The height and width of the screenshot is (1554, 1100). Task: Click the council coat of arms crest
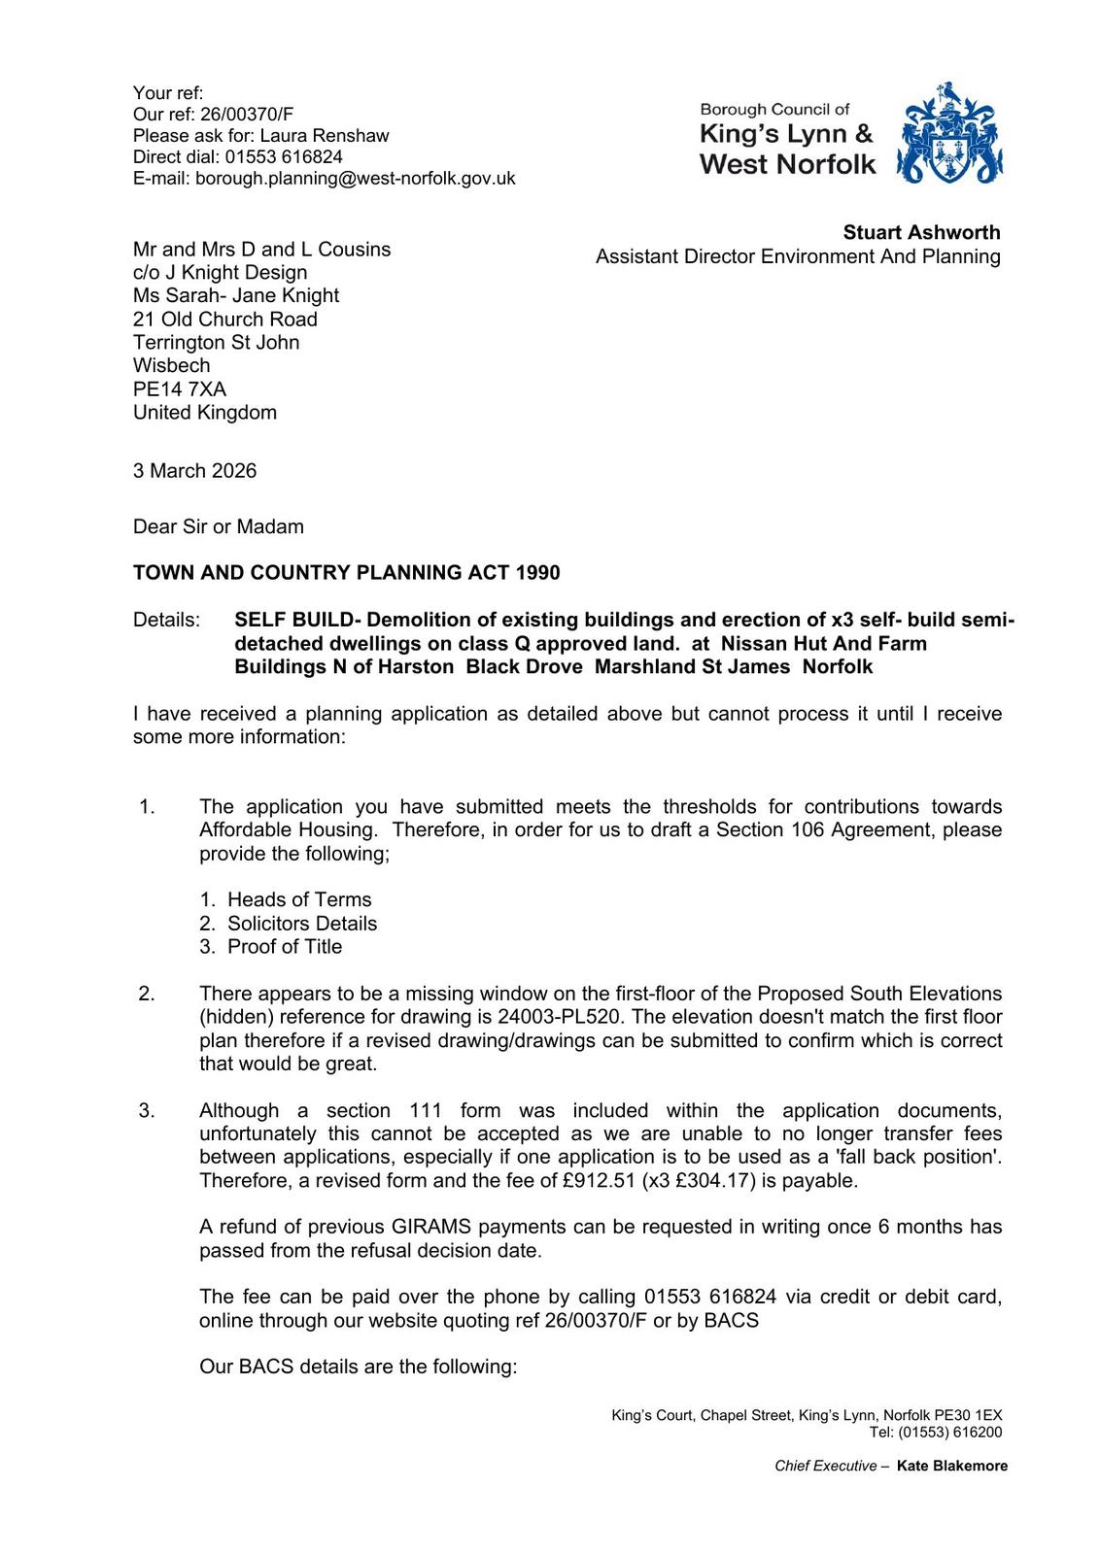pyautogui.click(x=948, y=135)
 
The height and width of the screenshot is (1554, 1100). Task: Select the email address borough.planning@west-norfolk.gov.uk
pyautogui.click(x=356, y=179)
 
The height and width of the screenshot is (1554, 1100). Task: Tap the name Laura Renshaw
pyautogui.click(x=325, y=136)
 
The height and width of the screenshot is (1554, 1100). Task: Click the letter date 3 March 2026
pyautogui.click(x=195, y=471)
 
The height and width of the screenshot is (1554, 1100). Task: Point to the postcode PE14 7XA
pyautogui.click(x=180, y=389)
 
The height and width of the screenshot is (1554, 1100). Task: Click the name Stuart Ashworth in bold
pyautogui.click(x=921, y=232)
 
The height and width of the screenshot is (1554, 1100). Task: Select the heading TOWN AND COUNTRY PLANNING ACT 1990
pyautogui.click(x=347, y=573)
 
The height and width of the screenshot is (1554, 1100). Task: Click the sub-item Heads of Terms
pyautogui.click(x=299, y=900)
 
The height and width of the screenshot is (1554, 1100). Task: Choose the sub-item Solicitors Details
pyautogui.click(x=302, y=924)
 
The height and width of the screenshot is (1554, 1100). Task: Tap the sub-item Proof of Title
pyautogui.click(x=285, y=947)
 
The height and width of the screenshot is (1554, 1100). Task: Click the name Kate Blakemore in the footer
pyautogui.click(x=952, y=1467)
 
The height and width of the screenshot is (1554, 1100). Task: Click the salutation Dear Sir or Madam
pyautogui.click(x=219, y=527)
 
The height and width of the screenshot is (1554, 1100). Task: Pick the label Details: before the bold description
pyautogui.click(x=167, y=620)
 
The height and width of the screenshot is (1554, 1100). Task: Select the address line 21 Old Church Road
pyautogui.click(x=225, y=320)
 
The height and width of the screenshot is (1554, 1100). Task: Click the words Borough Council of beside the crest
pyautogui.click(x=774, y=110)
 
